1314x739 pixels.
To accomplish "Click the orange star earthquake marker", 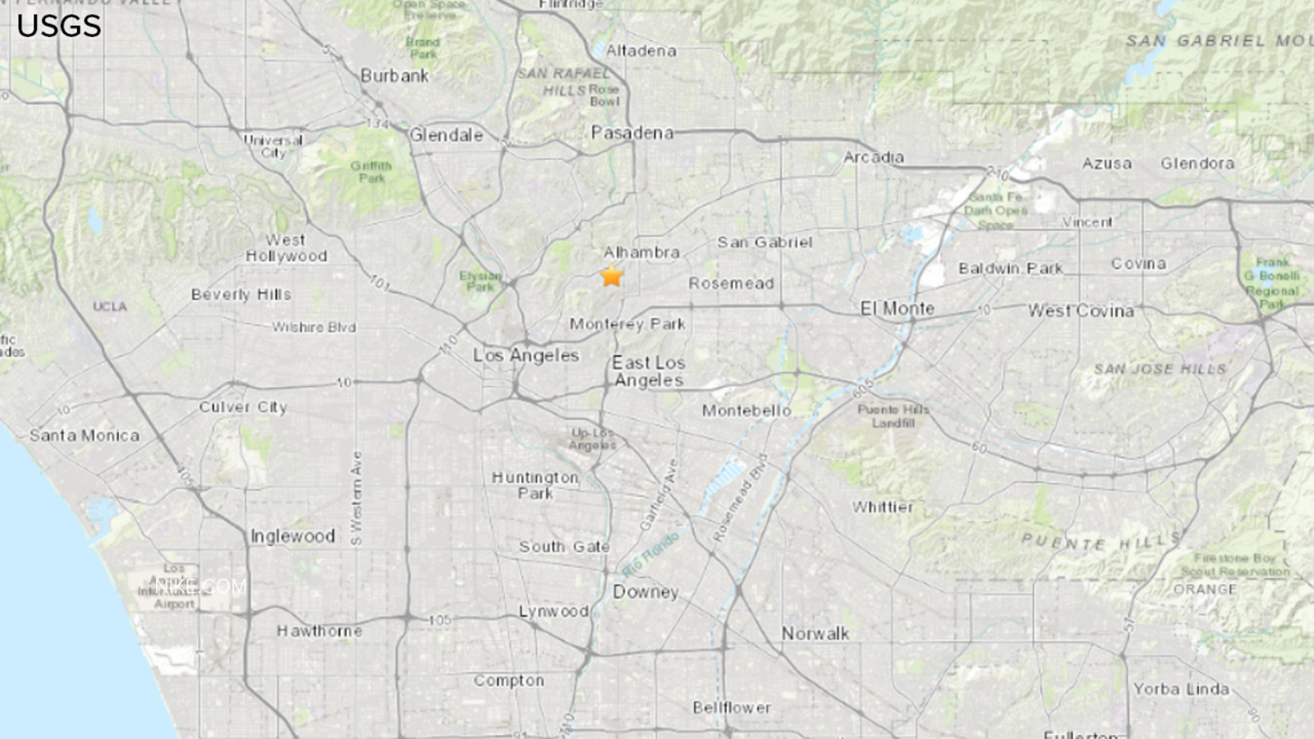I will coord(612,277).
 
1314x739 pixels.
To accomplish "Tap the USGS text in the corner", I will coord(59,26).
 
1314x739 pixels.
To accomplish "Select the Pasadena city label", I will coord(632,133).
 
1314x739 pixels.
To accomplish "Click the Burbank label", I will coord(394,76).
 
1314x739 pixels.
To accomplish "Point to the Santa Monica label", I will coord(85,436).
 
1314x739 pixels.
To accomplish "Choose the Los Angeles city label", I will coord(526,356).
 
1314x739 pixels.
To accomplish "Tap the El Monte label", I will coord(897,309).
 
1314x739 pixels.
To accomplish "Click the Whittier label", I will coord(882,507).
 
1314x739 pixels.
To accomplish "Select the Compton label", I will coord(508,681).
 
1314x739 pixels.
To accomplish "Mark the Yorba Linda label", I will coord(1181,690).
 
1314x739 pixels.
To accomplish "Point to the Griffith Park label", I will coord(371,172).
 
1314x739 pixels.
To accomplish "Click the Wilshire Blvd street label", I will coord(314,328).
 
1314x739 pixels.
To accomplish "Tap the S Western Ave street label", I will coord(356,498).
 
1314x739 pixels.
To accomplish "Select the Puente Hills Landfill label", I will coord(893,416).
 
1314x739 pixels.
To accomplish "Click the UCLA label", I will coord(109,307).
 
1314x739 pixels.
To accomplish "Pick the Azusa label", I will coord(1106,164).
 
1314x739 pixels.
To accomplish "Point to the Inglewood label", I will coord(292,537).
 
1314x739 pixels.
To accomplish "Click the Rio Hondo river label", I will coord(650,554).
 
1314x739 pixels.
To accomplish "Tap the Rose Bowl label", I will coord(604,95).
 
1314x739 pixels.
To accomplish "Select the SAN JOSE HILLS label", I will coord(1159,369).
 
